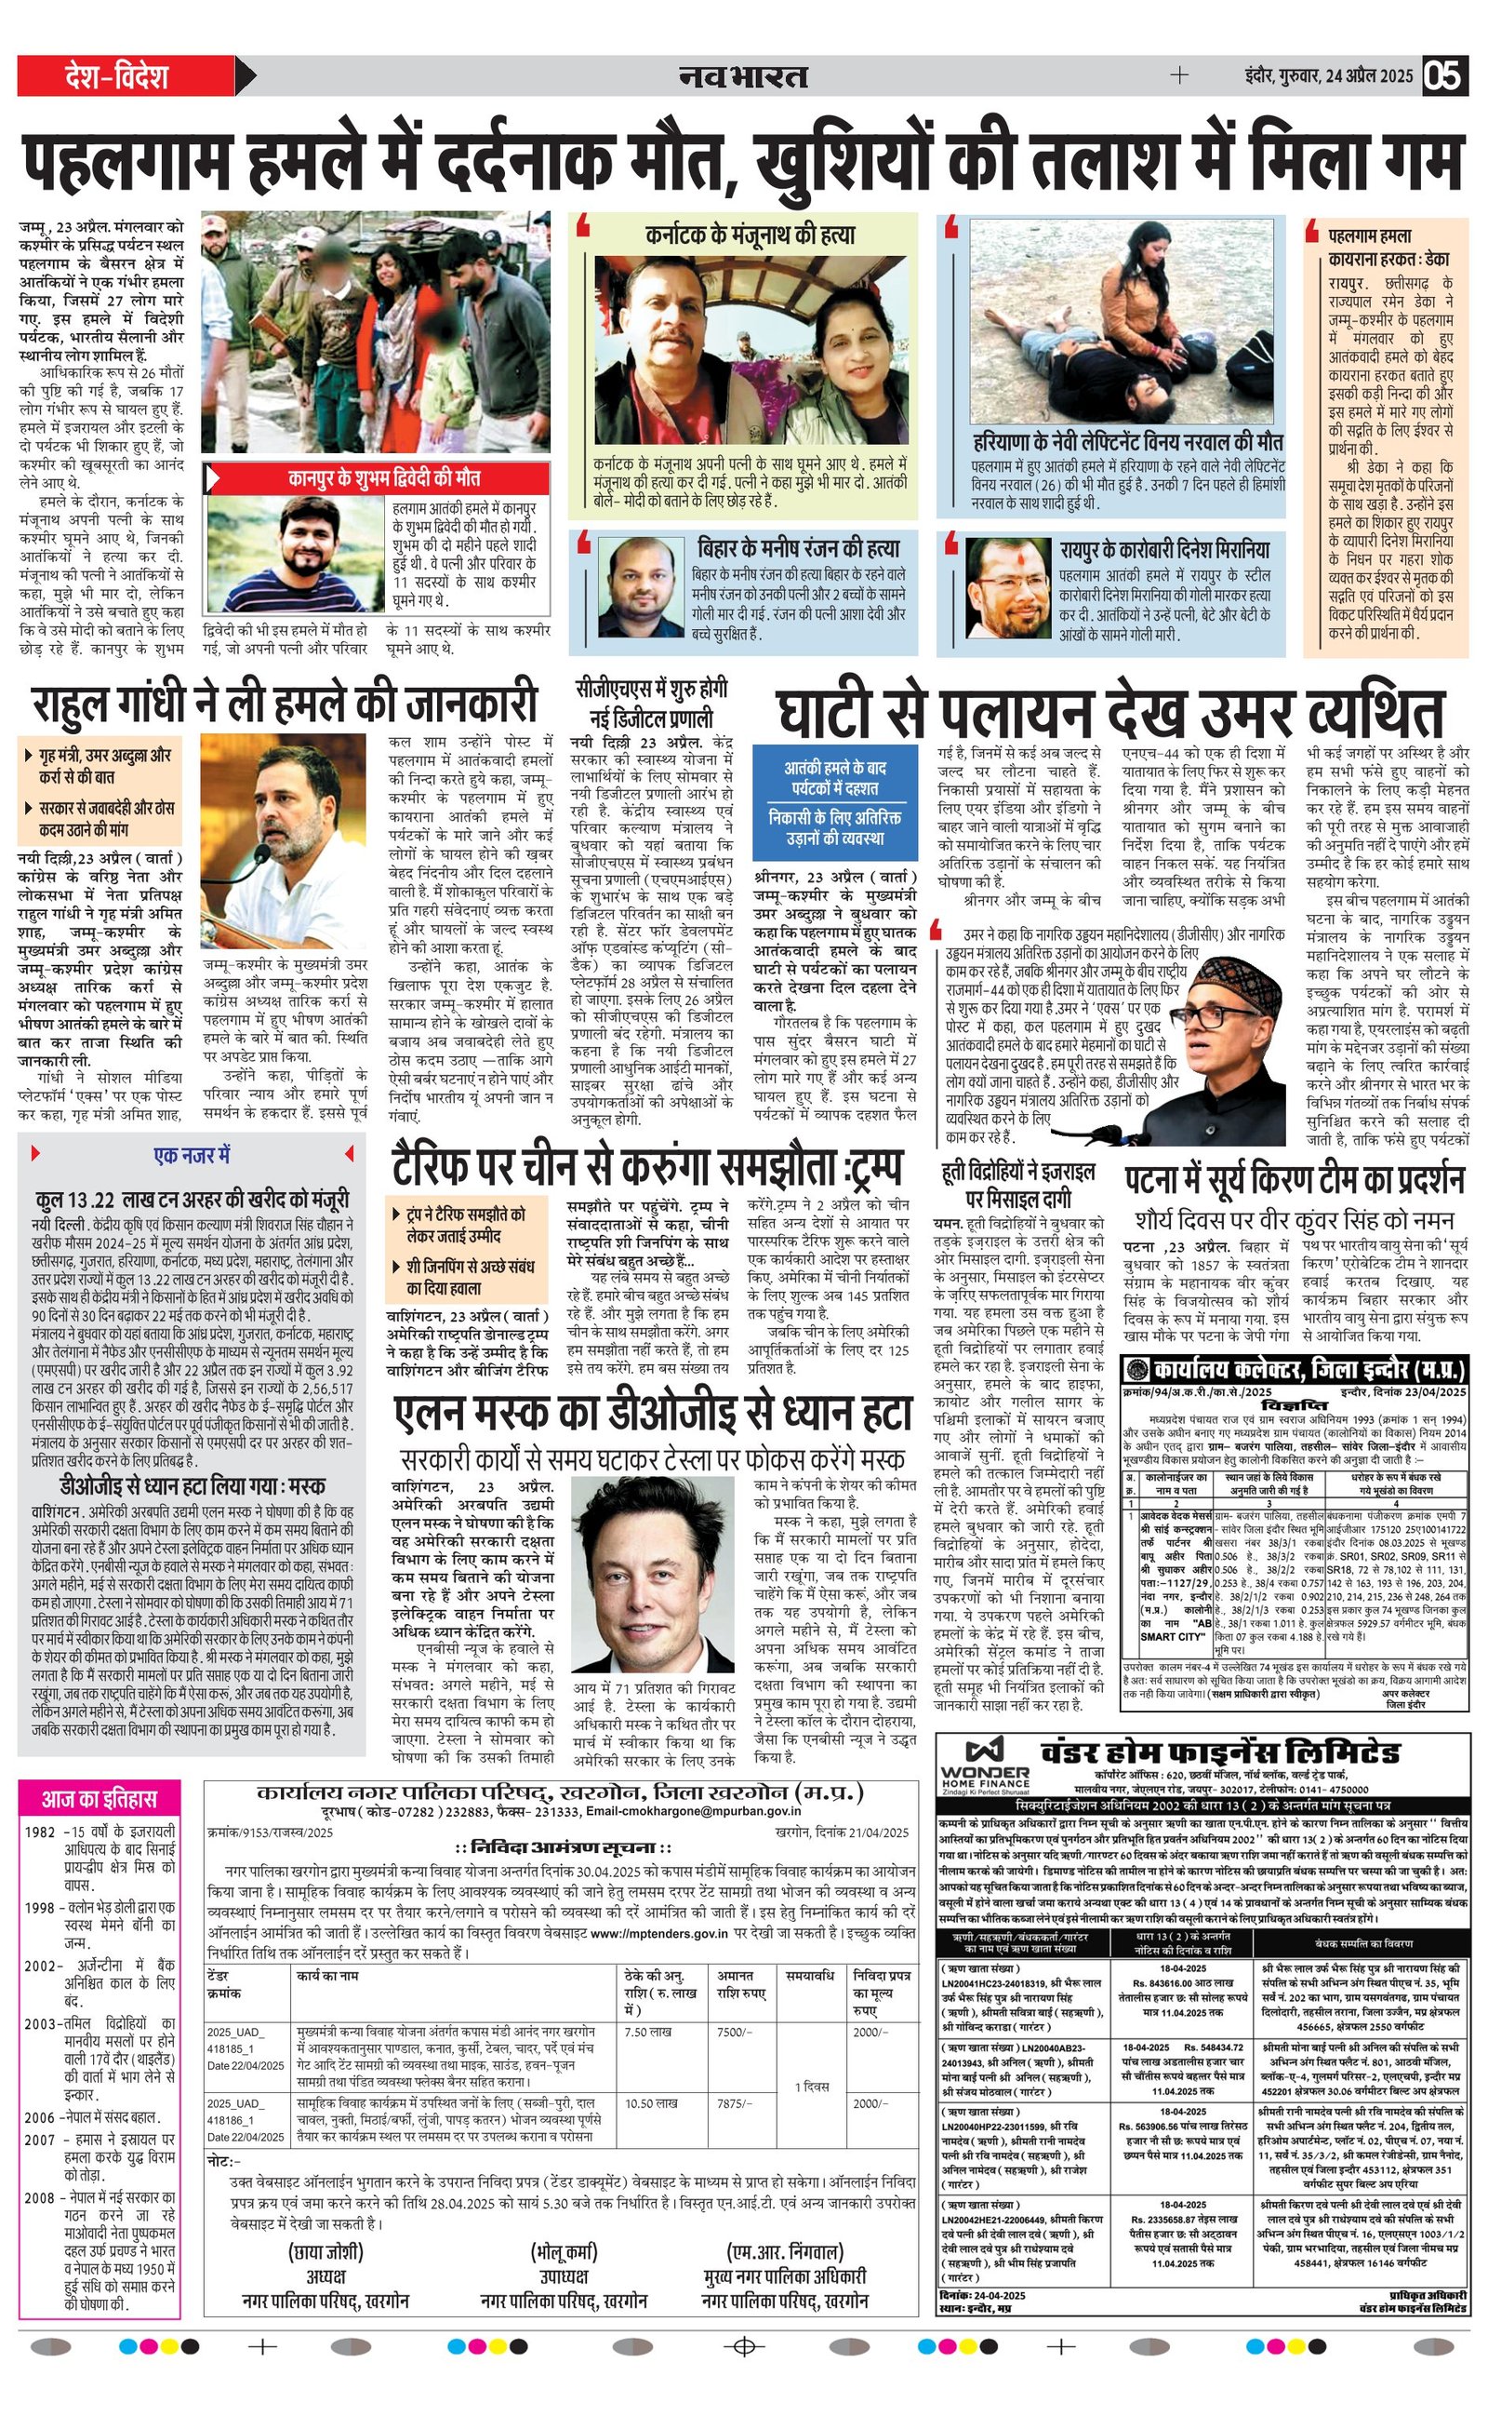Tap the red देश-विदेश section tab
116,75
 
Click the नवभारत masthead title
743,75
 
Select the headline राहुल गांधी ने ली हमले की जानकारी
285,703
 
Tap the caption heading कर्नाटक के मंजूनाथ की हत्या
750,235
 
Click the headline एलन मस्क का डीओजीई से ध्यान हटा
654,1414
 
